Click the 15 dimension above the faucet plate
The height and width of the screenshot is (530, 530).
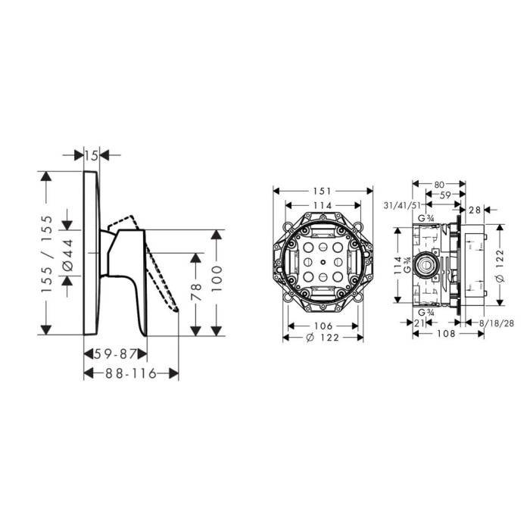pyautogui.click(x=92, y=156)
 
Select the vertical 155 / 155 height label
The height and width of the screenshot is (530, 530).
pyautogui.click(x=47, y=254)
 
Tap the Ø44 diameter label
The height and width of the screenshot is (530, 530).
pyautogui.click(x=68, y=254)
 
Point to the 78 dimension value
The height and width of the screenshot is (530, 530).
pyautogui.click(x=196, y=291)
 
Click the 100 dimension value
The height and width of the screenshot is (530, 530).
pyautogui.click(x=217, y=279)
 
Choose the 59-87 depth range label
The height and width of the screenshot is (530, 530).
pyautogui.click(x=115, y=354)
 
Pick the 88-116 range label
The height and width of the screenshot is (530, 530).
pyautogui.click(x=131, y=373)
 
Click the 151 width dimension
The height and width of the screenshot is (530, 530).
pyautogui.click(x=322, y=192)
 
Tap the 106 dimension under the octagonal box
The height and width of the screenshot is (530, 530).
pyautogui.click(x=323, y=326)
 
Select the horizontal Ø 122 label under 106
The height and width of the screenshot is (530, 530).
pyautogui.click(x=323, y=338)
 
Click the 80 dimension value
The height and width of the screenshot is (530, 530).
pyautogui.click(x=439, y=185)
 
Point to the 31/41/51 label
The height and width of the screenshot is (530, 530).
pyautogui.click(x=402, y=205)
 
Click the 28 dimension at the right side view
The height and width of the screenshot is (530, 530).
pyautogui.click(x=475, y=210)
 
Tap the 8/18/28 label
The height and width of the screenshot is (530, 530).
pyautogui.click(x=497, y=323)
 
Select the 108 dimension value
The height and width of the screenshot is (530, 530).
pyautogui.click(x=446, y=334)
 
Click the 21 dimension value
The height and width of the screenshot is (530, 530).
pyautogui.click(x=419, y=323)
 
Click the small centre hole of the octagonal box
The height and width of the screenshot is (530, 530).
pyautogui.click(x=323, y=262)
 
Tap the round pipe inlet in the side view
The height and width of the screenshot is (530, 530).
pyautogui.click(x=426, y=263)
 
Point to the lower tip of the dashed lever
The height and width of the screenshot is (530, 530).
pyautogui.click(x=176, y=310)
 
